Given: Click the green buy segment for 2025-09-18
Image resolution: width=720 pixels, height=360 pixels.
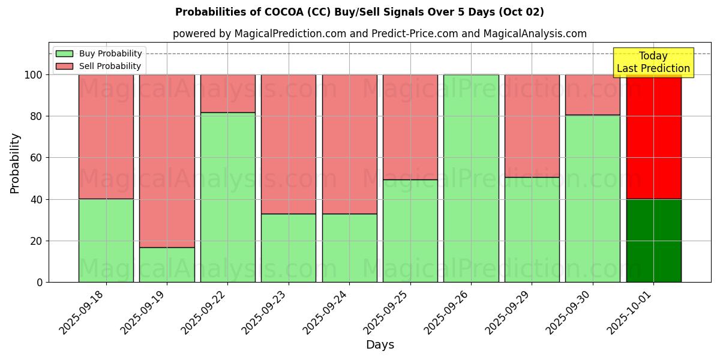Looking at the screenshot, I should [106, 240].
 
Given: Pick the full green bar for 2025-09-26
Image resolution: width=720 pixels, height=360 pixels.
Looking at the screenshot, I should [471, 178].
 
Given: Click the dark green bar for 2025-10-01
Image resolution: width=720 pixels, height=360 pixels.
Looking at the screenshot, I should [653, 241].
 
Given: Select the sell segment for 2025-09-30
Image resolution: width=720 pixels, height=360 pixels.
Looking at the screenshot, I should [593, 95].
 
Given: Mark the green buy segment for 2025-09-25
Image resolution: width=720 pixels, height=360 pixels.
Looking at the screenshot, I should [410, 230].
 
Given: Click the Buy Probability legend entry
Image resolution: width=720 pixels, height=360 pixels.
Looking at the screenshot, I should [99, 53].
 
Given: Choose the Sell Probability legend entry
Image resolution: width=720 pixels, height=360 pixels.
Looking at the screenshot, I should [99, 66].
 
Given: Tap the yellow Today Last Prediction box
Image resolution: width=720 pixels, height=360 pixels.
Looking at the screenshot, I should [653, 62].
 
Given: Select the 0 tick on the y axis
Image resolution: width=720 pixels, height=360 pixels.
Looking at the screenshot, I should [40, 282].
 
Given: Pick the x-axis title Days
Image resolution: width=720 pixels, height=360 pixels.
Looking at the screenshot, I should [380, 345].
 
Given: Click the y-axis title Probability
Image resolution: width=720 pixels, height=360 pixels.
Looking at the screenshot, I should [15, 163].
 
